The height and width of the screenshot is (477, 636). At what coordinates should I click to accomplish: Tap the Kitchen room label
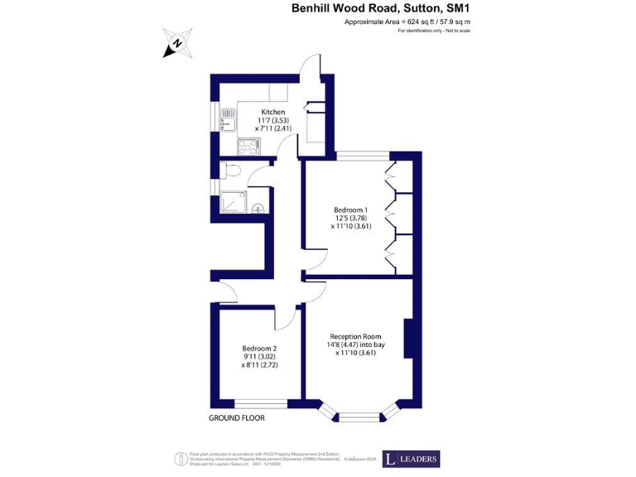273,112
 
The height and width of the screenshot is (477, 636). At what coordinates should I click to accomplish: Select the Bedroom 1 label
349,210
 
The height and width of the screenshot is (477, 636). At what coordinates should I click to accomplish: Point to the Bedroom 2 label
259,348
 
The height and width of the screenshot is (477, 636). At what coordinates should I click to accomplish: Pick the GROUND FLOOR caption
238,418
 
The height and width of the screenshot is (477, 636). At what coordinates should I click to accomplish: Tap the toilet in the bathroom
232,171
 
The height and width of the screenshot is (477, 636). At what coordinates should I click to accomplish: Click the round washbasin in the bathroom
258,209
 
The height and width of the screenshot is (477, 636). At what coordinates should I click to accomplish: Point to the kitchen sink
228,124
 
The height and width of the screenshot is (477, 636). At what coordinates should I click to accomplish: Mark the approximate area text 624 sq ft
407,22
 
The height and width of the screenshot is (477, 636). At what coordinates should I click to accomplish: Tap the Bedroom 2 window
259,403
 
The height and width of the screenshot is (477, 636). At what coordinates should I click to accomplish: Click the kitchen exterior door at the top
310,66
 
